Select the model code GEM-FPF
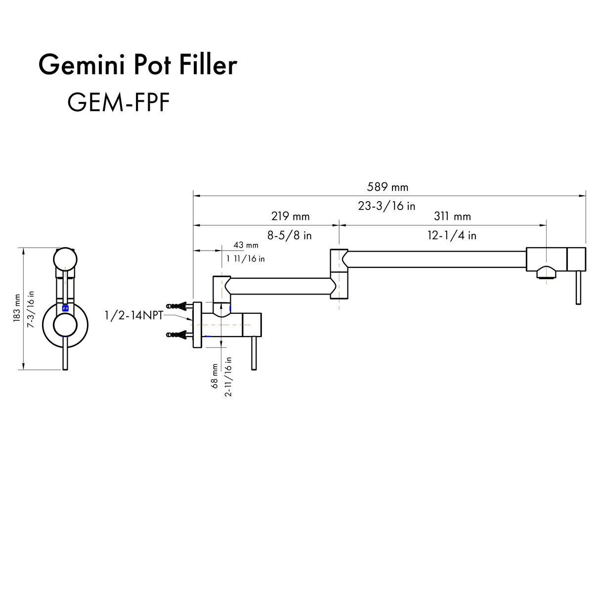pyautogui.click(x=118, y=103)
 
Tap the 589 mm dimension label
pyautogui.click(x=387, y=187)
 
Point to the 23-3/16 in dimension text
pyautogui.click(x=386, y=206)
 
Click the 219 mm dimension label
pyautogui.click(x=290, y=216)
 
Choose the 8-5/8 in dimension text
pyautogui.click(x=290, y=236)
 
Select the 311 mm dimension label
pyautogui.click(x=452, y=216)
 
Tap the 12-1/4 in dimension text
pyautogui.click(x=452, y=236)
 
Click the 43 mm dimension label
pyautogui.click(x=246, y=245)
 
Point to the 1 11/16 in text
pyautogui.click(x=246, y=258)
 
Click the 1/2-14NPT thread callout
pyautogui.click(x=133, y=315)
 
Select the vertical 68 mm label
pyautogui.click(x=215, y=376)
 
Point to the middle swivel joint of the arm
pyautogui.click(x=339, y=274)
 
